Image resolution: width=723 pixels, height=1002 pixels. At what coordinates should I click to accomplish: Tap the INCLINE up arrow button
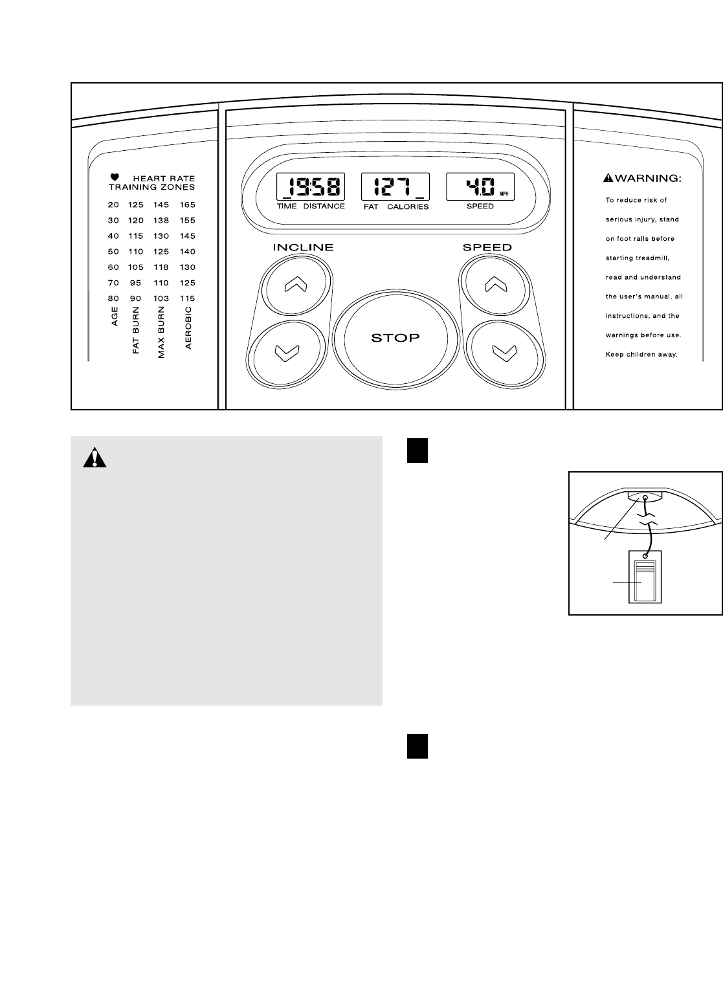(296, 285)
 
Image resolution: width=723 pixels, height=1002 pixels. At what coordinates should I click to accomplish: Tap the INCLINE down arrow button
(287, 352)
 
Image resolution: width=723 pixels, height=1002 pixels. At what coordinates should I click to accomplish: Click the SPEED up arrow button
(494, 285)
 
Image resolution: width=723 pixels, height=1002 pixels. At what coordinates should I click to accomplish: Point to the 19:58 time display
(311, 188)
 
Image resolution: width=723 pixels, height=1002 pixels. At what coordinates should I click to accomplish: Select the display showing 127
(395, 188)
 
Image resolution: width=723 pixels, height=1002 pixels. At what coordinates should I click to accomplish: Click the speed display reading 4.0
(480, 188)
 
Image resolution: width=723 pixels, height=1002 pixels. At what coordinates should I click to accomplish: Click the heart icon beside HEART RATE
(115, 177)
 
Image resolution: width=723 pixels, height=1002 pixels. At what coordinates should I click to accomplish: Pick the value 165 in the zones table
(187, 205)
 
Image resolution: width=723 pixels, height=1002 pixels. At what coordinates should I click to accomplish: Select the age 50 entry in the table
(113, 251)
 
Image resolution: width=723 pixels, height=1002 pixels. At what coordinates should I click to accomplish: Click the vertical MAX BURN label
(161, 333)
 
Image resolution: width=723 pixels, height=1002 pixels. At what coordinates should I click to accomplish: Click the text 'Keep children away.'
(641, 355)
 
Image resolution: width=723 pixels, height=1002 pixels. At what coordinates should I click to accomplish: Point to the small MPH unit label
(504, 194)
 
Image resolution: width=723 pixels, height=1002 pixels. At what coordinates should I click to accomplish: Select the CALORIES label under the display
(408, 207)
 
